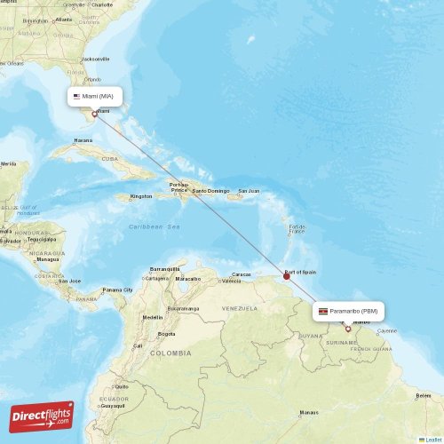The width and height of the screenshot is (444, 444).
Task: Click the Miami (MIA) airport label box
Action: pos(94,95)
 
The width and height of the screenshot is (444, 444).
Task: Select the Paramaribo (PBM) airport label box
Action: pos(348,311)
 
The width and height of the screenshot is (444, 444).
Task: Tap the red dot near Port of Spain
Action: pos(286,276)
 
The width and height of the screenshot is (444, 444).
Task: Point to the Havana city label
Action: pos(83,140)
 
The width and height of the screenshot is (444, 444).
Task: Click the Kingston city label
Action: pos(140,196)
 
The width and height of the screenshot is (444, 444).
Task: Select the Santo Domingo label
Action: pos(211,191)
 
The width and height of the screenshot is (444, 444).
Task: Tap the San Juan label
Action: pos(249,191)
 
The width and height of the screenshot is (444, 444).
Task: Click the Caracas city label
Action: pos(241,274)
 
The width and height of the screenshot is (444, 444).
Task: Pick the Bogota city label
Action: pos(166,334)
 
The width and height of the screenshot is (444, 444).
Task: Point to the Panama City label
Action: pos(117,289)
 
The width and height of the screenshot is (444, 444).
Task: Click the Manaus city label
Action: pos(309,412)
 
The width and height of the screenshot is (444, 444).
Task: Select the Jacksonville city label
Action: pos(95,59)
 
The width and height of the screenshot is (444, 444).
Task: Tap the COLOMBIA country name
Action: pos(170,353)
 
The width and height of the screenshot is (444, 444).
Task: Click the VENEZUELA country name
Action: pos(239,308)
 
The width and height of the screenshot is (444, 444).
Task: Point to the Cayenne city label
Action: pos(387,331)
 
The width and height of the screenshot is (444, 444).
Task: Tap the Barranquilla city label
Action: pos(165,268)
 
